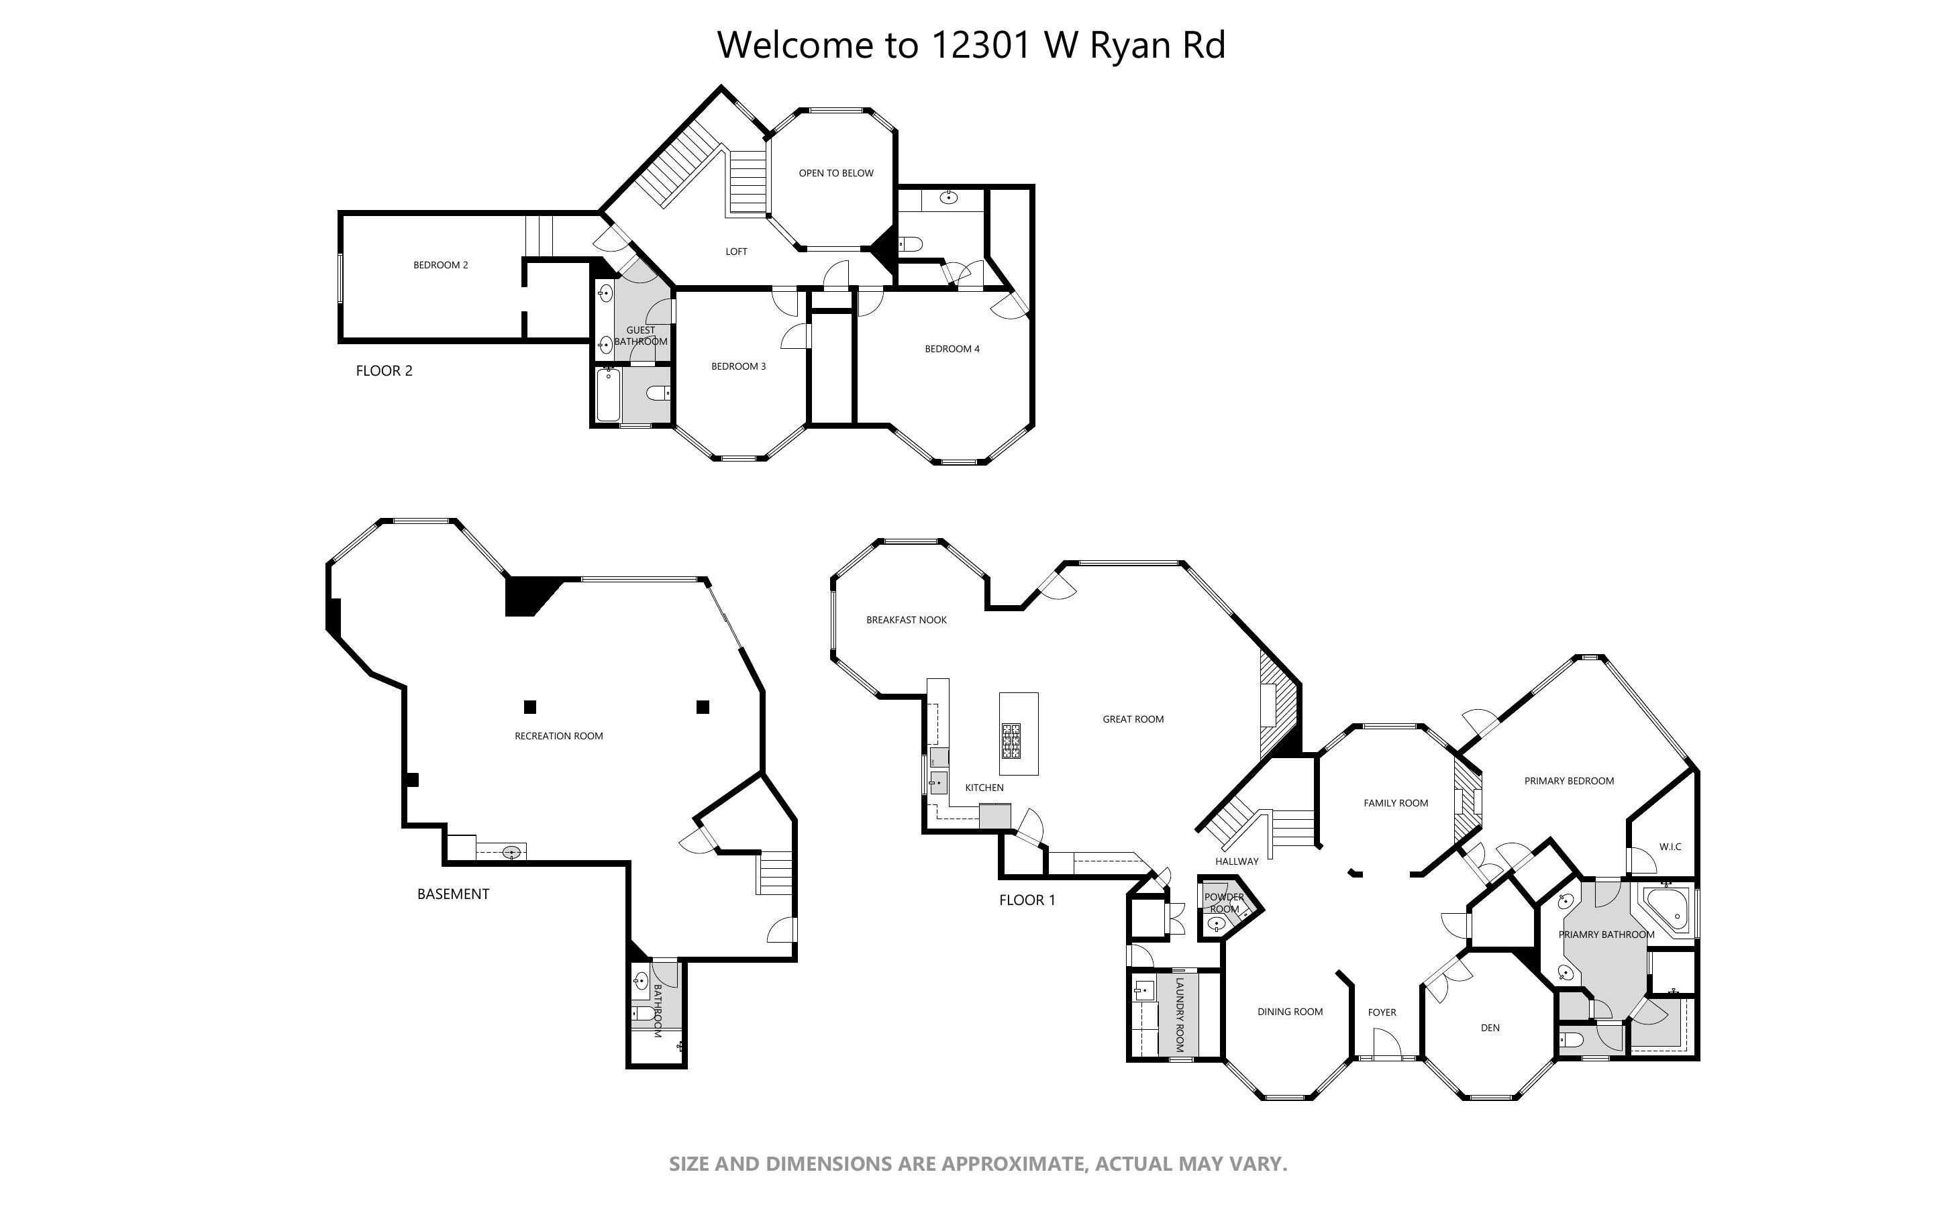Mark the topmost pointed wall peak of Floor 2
click(x=721, y=86)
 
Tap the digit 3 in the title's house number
click(x=978, y=45)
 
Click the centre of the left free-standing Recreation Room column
click(x=529, y=706)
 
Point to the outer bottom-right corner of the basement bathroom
click(x=686, y=1067)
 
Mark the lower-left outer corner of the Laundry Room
click(x=1129, y=1061)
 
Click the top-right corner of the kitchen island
click(x=1038, y=693)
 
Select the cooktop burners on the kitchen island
click(x=1011, y=741)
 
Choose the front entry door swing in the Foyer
click(x=1387, y=1044)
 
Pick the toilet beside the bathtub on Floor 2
click(x=657, y=393)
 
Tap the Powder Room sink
click(x=1216, y=925)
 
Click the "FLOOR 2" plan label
click(x=385, y=370)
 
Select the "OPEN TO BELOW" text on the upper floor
click(x=836, y=173)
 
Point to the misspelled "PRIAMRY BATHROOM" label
click(x=1606, y=935)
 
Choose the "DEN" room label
click(x=1490, y=1028)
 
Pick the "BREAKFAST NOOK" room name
click(x=907, y=620)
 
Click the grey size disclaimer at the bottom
click(x=978, y=1164)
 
